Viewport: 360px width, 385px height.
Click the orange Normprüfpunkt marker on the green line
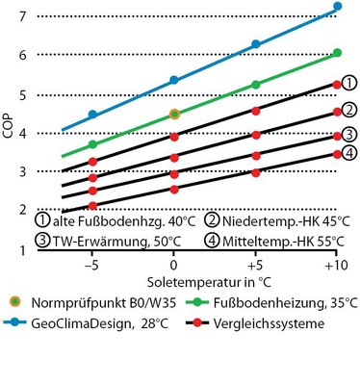pyautogui.click(x=174, y=114)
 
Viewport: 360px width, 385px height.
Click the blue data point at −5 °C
pyautogui.click(x=92, y=114)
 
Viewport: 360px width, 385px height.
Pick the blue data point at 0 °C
pyautogui.click(x=174, y=80)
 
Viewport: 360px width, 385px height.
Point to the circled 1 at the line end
pyautogui.click(x=350, y=85)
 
